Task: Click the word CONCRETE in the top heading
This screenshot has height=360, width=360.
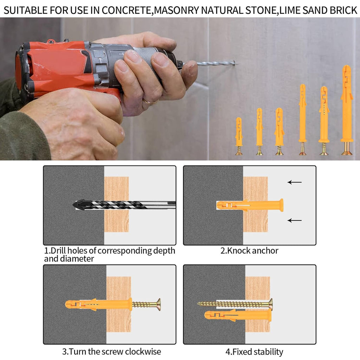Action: (127, 10)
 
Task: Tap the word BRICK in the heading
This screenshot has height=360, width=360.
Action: (343, 10)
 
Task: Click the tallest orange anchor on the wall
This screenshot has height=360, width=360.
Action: (347, 110)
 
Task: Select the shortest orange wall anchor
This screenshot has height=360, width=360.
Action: (239, 136)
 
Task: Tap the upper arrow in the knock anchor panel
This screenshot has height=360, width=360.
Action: (295, 182)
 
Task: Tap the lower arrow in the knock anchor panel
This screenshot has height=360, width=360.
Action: (295, 220)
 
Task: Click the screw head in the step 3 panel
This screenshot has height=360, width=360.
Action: (159, 305)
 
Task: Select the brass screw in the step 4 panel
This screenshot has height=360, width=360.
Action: (235, 304)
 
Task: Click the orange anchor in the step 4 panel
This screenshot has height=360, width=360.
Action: (238, 315)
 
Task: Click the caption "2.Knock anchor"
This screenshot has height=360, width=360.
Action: (249, 250)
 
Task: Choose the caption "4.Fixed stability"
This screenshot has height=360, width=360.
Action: (254, 352)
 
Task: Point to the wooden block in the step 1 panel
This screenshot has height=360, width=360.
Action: (116, 204)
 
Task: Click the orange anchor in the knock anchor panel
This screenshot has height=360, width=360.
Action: (250, 205)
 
